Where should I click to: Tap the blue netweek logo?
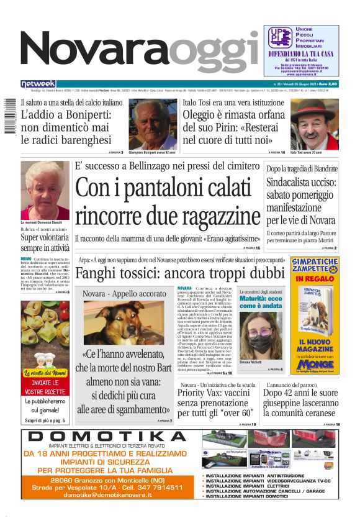point(38,83)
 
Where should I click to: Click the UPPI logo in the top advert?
point(279,38)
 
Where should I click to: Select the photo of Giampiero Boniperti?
point(153,123)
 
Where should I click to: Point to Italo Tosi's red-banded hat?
point(315,111)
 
